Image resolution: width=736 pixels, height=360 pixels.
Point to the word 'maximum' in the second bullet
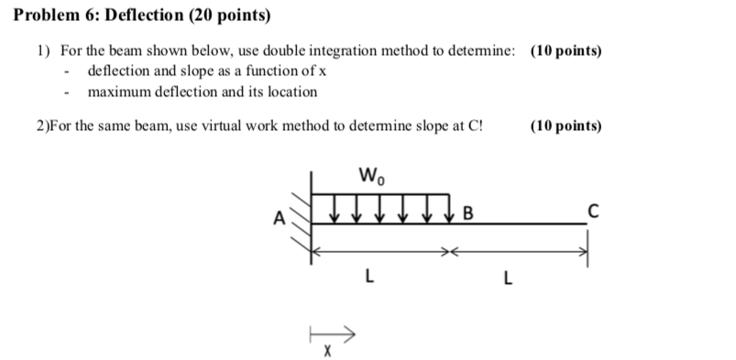click(x=119, y=92)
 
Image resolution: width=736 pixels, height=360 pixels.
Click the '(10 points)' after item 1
click(x=566, y=52)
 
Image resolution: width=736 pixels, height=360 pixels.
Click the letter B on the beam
click(x=467, y=216)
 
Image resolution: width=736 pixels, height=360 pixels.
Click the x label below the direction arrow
click(x=326, y=350)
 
